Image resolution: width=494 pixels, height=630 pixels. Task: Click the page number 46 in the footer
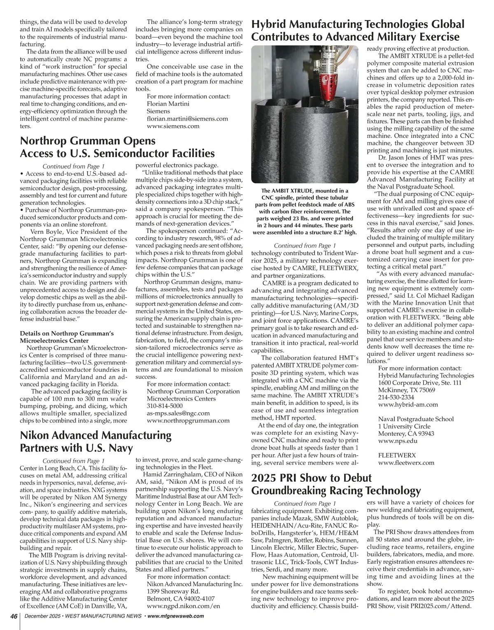[x=14, y=616]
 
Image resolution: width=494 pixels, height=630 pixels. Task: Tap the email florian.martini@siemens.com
[x=187, y=119]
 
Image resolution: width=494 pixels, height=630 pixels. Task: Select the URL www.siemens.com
[x=173, y=126]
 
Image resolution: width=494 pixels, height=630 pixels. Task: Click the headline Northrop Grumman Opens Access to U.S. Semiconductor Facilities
[x=117, y=147]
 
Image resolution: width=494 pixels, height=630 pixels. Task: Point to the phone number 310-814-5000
[x=165, y=406]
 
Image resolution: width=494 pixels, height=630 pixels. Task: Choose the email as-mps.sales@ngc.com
[x=178, y=413]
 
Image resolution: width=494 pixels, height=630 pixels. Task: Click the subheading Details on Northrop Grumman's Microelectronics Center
[x=67, y=337]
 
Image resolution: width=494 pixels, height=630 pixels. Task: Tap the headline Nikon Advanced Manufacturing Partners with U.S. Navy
[x=96, y=441]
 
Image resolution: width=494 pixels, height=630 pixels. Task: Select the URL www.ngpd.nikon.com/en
[x=183, y=606]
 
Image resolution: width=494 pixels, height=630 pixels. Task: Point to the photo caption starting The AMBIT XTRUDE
[x=305, y=212]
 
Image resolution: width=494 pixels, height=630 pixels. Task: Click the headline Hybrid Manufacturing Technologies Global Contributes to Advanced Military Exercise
[x=357, y=30]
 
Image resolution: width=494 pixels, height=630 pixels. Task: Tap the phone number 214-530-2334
[x=396, y=397]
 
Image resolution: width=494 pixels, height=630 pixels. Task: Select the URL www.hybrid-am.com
[x=408, y=405]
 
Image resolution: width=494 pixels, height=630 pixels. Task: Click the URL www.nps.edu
[x=398, y=441]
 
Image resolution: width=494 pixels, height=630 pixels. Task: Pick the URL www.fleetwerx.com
[x=406, y=462]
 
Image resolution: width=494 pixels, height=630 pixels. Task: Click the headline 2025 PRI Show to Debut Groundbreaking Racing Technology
[x=336, y=484]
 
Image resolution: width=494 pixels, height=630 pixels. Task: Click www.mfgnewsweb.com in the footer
[x=175, y=616]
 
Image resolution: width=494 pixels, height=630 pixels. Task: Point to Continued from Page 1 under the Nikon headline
[x=74, y=461]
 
